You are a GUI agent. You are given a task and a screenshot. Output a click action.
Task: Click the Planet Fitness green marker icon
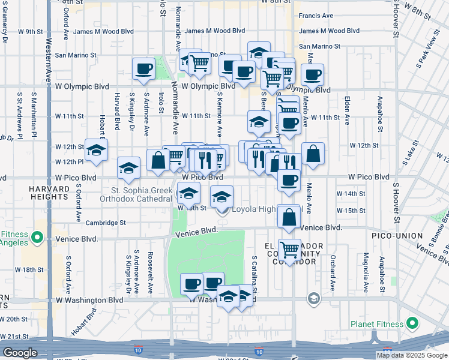tap(412, 324)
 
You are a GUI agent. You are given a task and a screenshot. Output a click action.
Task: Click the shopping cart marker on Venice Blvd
tap(289, 249)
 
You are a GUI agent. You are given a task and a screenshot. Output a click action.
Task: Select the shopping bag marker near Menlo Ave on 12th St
tap(313, 154)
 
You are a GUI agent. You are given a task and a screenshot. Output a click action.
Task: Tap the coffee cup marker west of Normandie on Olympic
tap(145, 70)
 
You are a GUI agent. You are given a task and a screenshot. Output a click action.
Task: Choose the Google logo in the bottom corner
tap(19, 353)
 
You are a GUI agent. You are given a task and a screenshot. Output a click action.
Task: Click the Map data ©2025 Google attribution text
tap(412, 355)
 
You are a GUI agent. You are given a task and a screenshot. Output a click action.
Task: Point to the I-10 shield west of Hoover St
tap(259, 352)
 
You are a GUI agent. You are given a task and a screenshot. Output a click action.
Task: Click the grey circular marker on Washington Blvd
tap(313, 298)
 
